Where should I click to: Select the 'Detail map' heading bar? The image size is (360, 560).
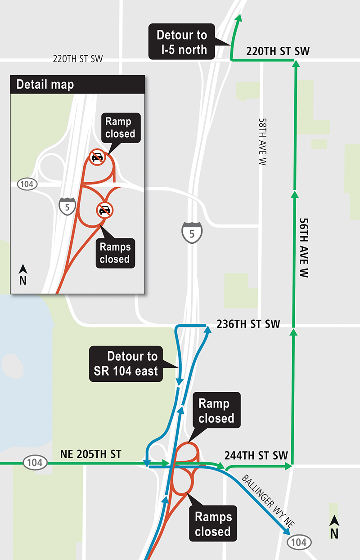77,85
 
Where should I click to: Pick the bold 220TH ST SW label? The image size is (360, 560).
278,51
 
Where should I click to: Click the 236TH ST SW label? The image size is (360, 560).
248,324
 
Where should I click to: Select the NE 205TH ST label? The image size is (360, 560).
90,454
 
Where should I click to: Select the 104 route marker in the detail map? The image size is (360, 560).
27,184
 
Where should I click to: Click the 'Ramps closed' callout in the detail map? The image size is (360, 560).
115,253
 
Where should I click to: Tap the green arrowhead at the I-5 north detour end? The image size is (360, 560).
239,18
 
